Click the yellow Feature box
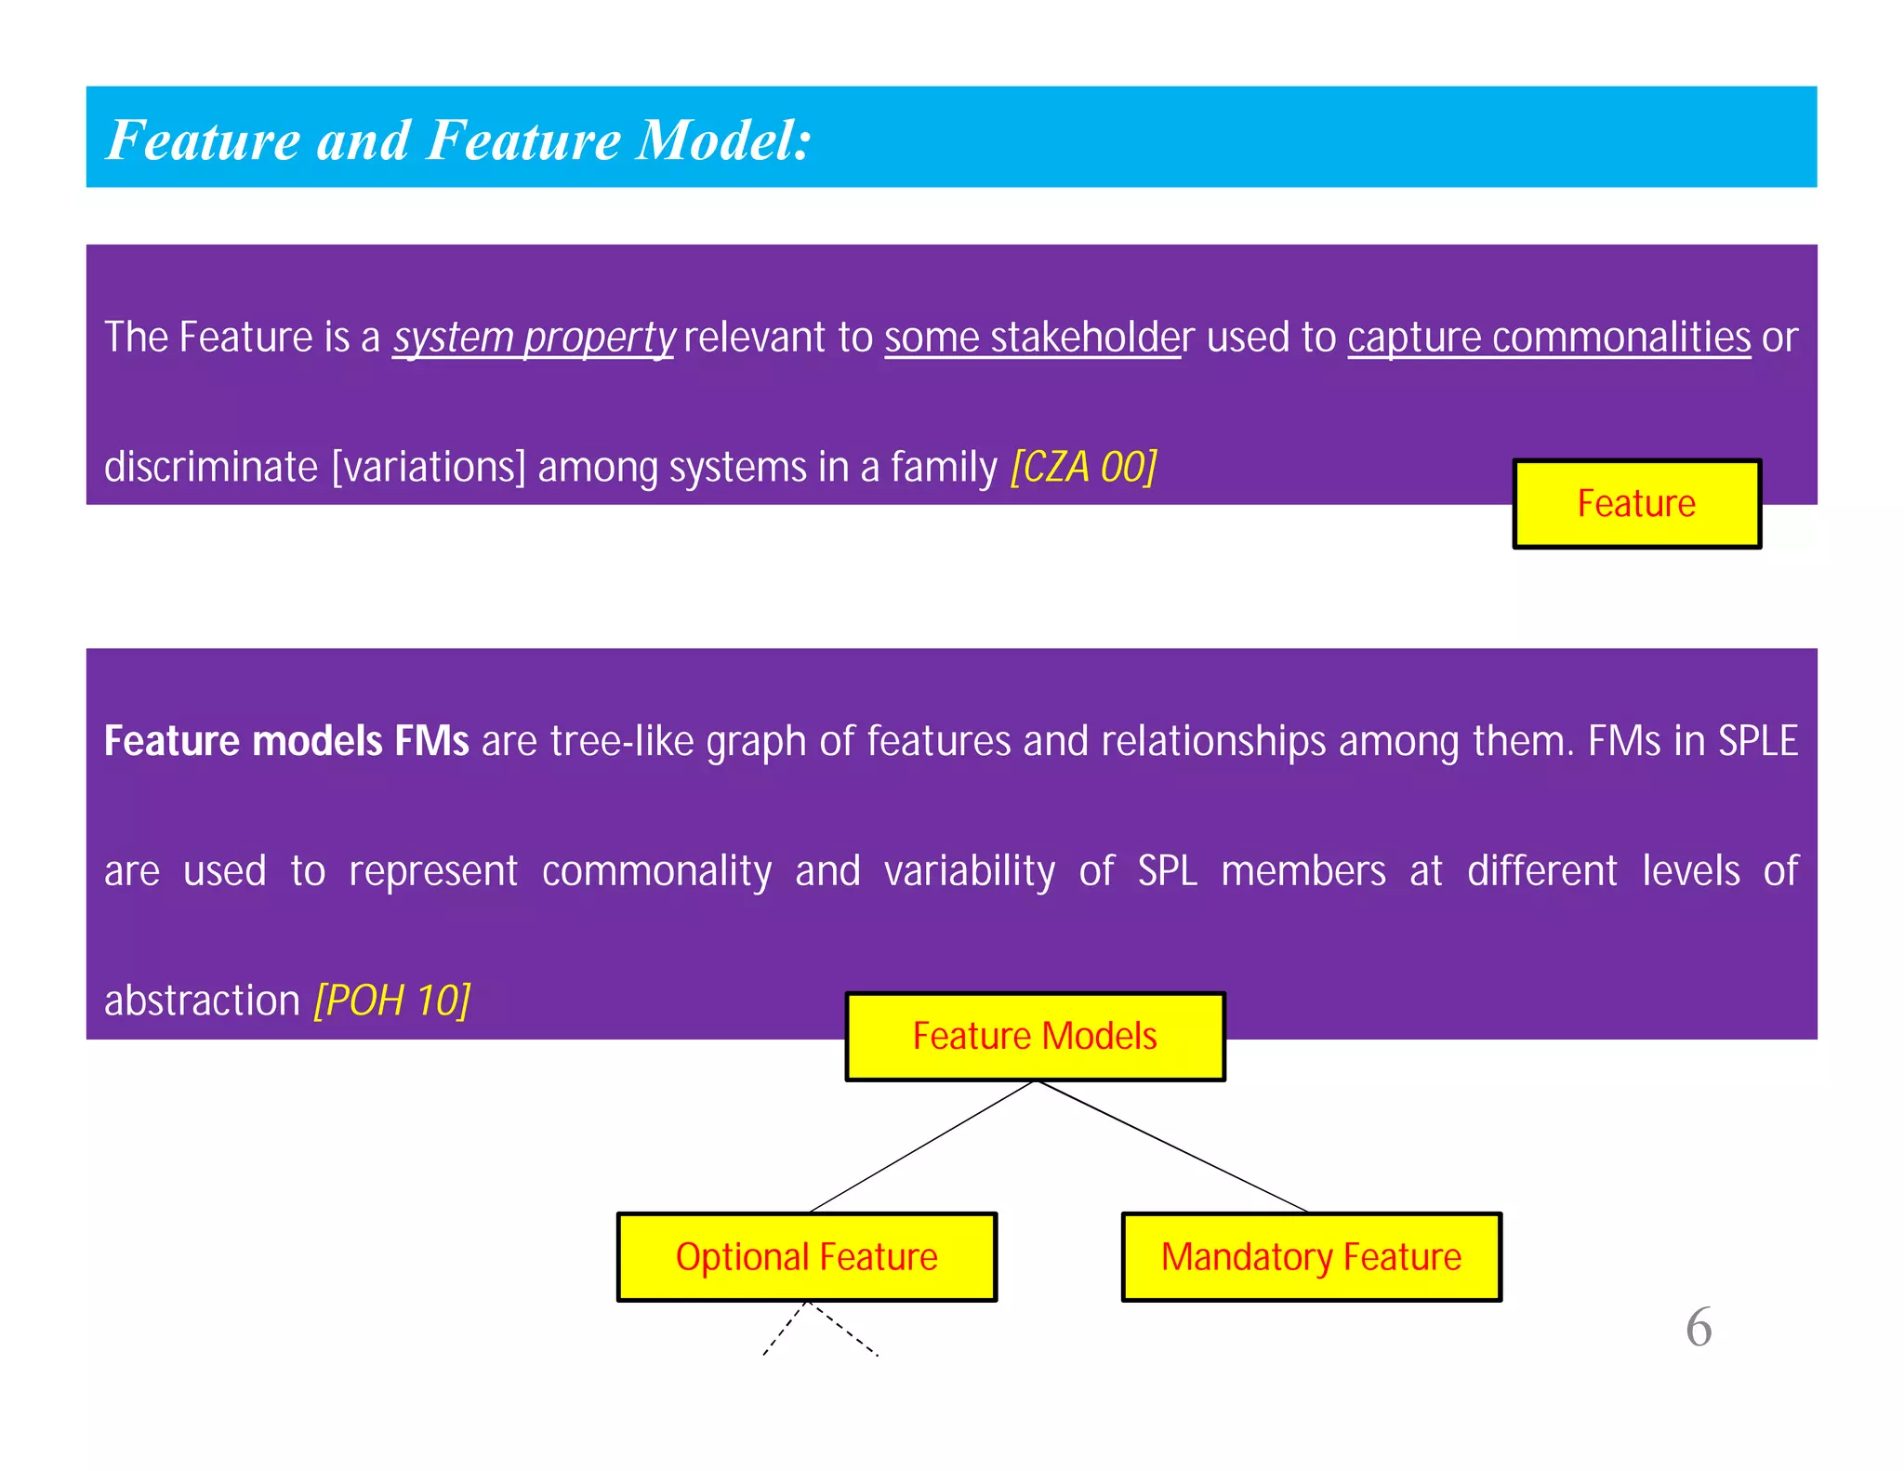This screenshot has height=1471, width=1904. point(1636,503)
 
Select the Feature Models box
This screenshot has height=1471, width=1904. point(1035,1036)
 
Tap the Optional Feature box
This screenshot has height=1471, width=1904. point(806,1256)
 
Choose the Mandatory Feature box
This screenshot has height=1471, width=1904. point(1311,1256)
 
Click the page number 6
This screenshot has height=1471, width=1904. point(1698,1327)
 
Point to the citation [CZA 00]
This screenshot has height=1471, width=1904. point(1084,466)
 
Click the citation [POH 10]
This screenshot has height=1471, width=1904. point(392,1001)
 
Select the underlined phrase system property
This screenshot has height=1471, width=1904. point(533,337)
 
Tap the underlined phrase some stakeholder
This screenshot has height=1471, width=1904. point(1032,337)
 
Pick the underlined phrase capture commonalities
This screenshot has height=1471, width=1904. point(1549,337)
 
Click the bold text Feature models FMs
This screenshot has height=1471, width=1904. point(286,741)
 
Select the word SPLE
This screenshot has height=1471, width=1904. point(1757,741)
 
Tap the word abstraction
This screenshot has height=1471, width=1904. point(202,1001)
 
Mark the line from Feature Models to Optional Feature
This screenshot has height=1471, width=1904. point(922,1146)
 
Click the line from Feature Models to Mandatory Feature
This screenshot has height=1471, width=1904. point(1171,1146)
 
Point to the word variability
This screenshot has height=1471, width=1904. point(970,871)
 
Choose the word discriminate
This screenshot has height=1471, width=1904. point(211,466)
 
